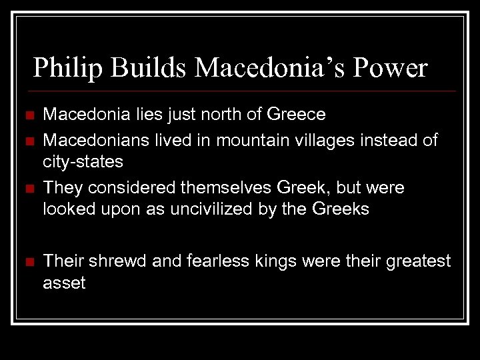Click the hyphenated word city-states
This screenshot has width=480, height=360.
coord(82,162)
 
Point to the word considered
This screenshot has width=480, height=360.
coord(123,187)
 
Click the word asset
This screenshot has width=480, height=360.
coord(65,283)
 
